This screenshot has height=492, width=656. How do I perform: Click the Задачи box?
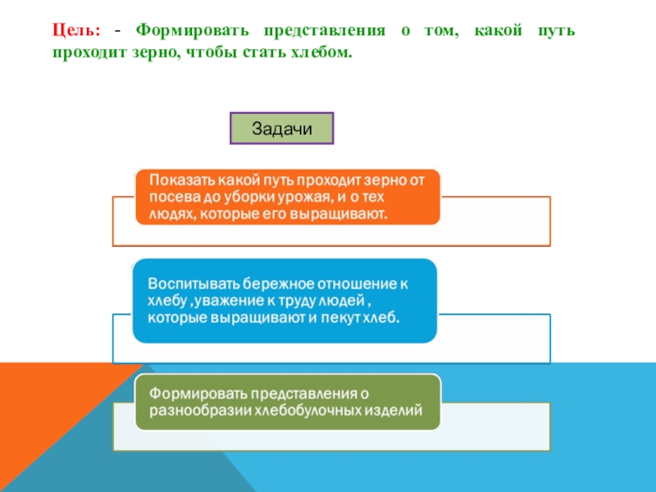pos(282,129)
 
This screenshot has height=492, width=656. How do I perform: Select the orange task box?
pos(287,197)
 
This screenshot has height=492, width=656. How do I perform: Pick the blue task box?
pos(284,300)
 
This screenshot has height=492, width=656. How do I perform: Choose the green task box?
pos(287,401)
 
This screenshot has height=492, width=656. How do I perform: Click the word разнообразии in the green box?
pos(195,410)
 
